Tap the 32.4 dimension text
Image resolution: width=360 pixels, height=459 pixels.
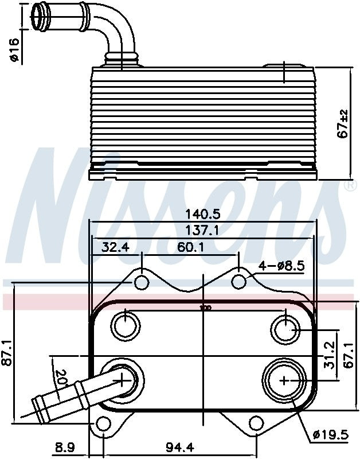(x=116, y=248)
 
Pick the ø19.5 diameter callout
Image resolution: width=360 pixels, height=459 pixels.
(x=331, y=434)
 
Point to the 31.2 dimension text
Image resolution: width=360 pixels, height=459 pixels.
(x=329, y=355)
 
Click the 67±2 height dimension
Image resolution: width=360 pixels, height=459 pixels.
(x=343, y=123)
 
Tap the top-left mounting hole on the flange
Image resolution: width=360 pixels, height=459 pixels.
(x=141, y=282)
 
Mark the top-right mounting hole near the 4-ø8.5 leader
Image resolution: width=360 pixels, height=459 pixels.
(x=240, y=281)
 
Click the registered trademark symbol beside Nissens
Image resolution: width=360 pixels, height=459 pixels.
(x=349, y=186)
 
